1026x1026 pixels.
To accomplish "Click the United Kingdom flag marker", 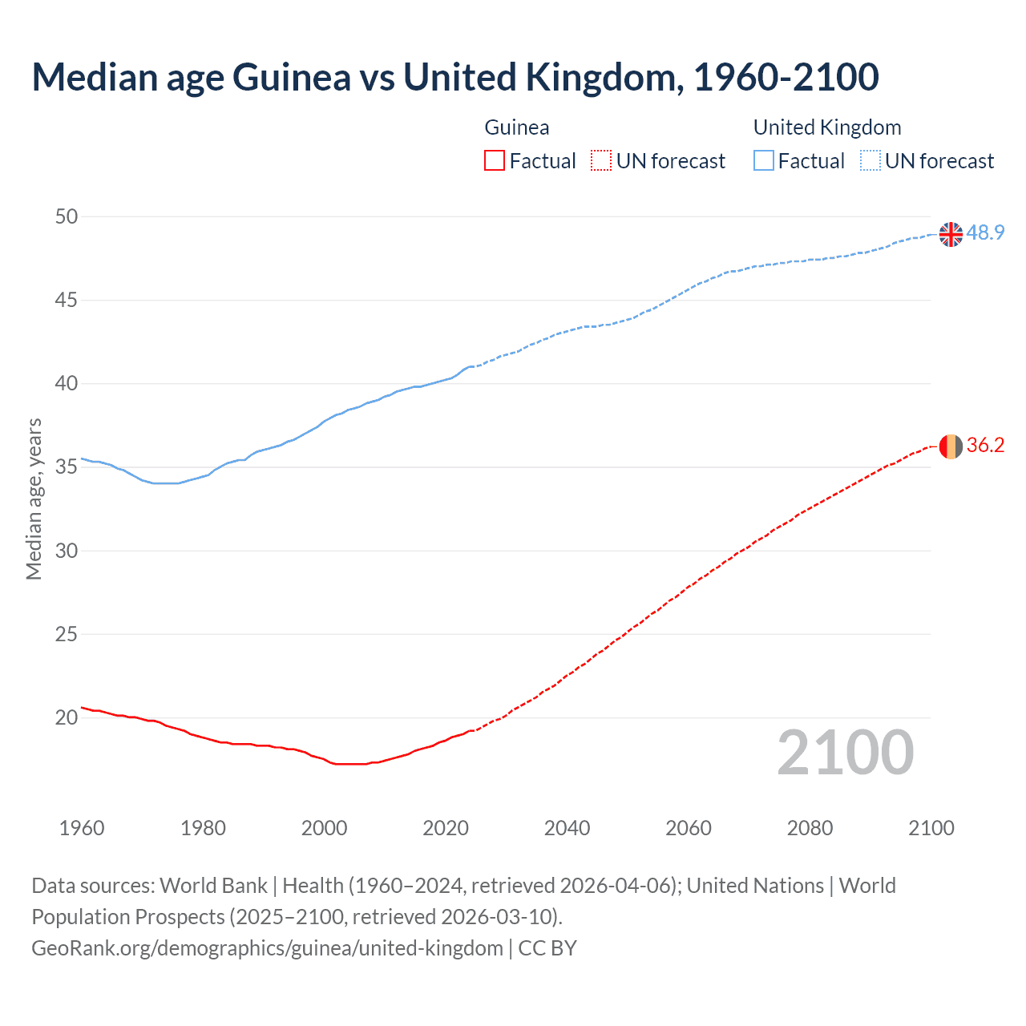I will coord(951,234).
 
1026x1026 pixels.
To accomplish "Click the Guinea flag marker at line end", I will coord(951,446).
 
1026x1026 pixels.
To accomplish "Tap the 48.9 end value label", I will coord(985,233).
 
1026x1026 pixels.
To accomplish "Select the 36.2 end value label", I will coord(985,446).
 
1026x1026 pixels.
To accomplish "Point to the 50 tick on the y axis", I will coord(67,216).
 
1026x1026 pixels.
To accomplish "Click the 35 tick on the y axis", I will coord(67,467).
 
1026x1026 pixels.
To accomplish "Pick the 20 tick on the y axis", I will coord(67,717).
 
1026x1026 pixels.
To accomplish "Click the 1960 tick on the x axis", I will coord(82,828).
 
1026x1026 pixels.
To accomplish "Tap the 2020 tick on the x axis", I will coord(446,828).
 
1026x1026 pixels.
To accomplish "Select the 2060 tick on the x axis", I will coord(689,828).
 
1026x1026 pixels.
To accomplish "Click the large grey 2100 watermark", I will coord(845,753).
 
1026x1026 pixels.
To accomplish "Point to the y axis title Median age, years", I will coord(34,499).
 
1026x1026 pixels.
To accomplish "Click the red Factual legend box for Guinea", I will coord(495,161).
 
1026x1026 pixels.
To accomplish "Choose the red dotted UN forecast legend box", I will coord(601,161).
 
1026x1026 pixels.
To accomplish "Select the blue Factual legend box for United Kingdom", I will coord(763,161).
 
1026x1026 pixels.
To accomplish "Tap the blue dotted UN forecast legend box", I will coord(870,161).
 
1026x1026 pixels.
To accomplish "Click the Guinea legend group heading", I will coord(517,127).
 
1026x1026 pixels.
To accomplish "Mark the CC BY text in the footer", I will coord(547,948).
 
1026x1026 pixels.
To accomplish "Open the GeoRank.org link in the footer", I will coord(267,948).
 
